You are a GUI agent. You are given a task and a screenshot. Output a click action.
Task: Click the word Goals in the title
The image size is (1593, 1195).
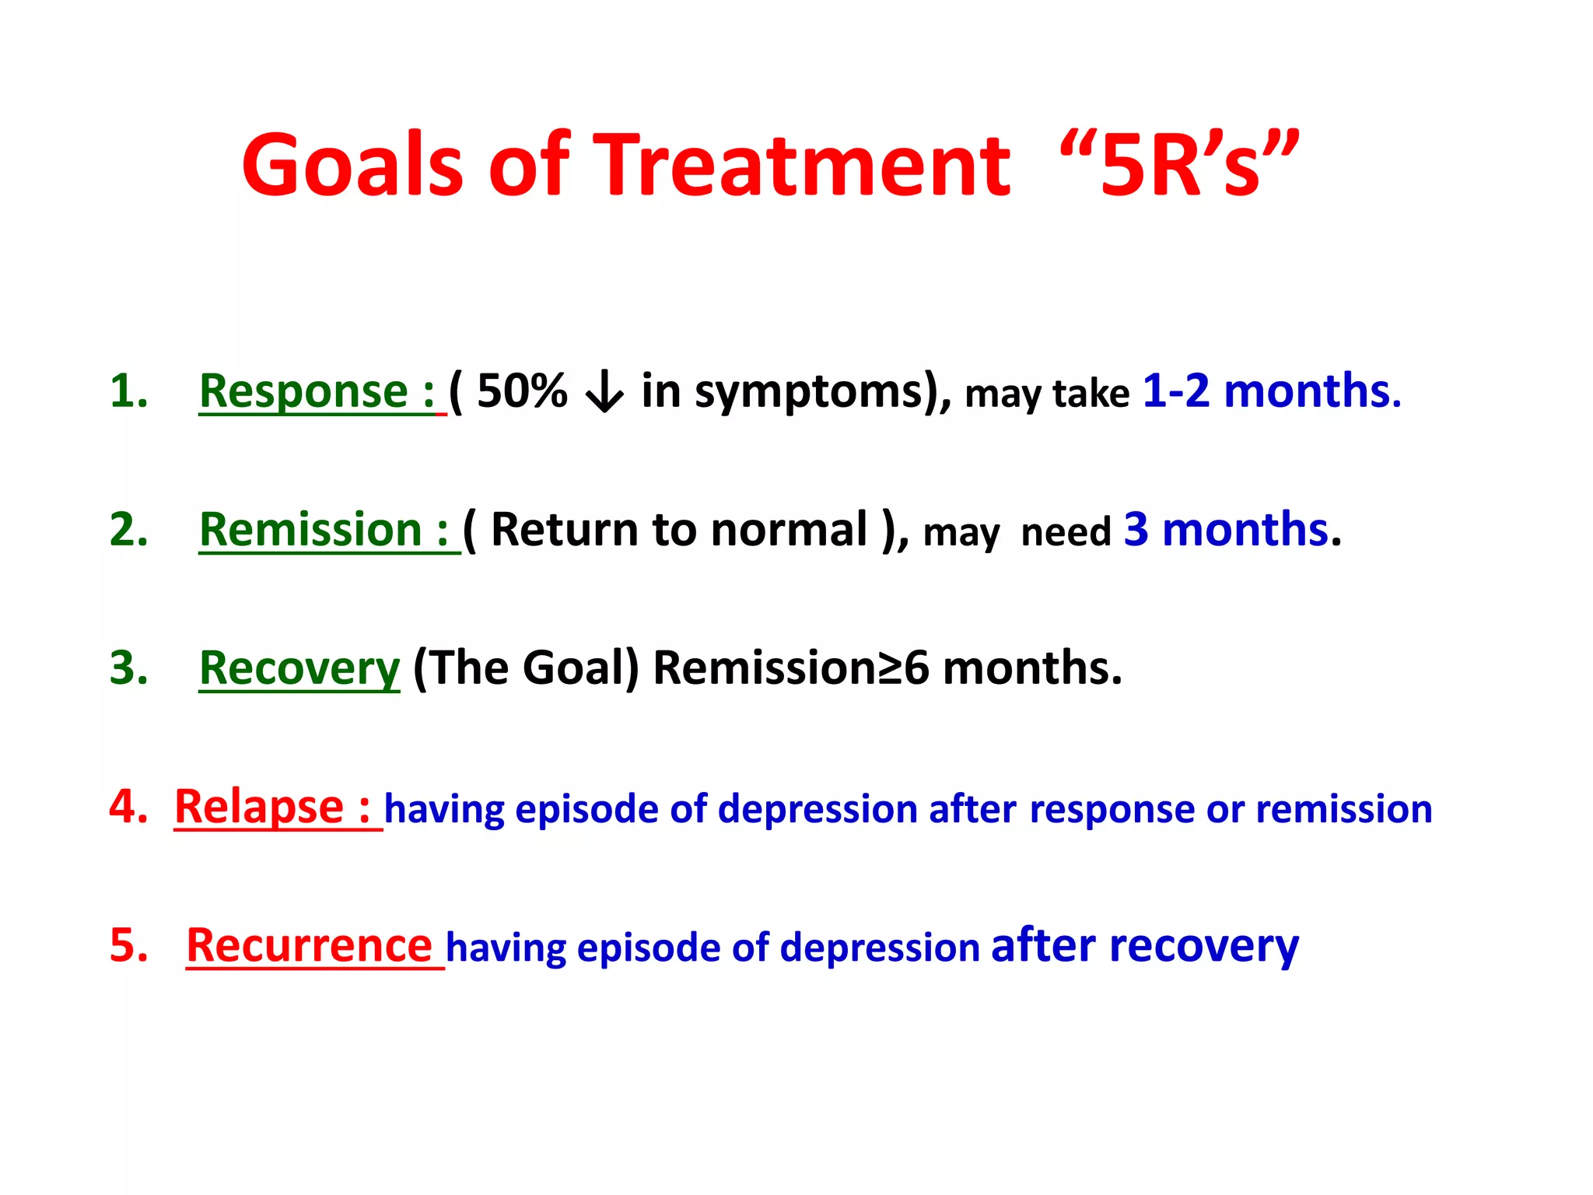point(352,166)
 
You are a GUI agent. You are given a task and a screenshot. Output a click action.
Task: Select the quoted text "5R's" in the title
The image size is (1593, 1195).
point(1179,166)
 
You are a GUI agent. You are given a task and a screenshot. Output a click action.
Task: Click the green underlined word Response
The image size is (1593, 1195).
point(303,391)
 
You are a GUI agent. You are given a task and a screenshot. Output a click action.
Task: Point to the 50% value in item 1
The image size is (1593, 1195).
point(522,391)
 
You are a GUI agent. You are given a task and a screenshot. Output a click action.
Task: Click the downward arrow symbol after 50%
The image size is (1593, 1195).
point(604,393)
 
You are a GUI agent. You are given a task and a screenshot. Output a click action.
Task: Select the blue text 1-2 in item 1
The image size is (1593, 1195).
point(1175,391)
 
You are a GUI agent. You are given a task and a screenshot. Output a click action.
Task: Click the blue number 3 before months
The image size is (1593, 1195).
point(1136,531)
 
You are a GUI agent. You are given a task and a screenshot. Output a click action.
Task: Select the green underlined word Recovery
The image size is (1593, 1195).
point(299,669)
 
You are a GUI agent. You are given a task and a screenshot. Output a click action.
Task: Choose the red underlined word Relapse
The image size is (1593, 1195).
point(259,808)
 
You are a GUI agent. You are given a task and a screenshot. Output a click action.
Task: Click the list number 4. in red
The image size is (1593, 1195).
point(128,808)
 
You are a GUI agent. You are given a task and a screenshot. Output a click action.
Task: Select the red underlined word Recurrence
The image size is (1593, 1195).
point(309,946)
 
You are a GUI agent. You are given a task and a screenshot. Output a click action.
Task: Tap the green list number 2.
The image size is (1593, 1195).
point(128,531)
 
